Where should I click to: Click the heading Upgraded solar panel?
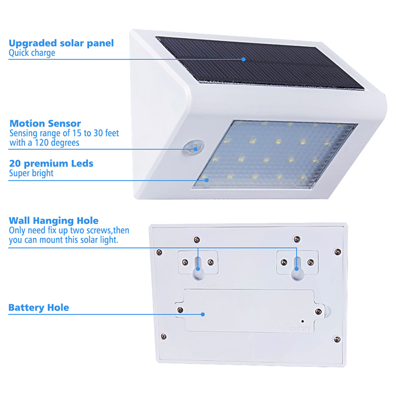61,44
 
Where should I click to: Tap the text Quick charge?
32,53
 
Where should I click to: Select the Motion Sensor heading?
45,123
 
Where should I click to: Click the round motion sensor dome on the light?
194,148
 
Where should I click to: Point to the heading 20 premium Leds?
51,164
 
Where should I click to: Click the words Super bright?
31,173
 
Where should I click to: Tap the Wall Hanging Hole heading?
53,221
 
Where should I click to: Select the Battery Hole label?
39,307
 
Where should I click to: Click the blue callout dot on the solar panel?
244,59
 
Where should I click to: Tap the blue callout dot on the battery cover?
202,314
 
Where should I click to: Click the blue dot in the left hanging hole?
198,269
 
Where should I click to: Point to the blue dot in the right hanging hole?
297,269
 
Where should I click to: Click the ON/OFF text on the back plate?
301,329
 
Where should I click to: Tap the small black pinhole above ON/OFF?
302,321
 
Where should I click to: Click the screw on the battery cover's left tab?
180,310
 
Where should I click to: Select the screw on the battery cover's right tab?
319,311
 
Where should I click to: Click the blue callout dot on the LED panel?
206,180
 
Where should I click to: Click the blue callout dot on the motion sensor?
196,149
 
